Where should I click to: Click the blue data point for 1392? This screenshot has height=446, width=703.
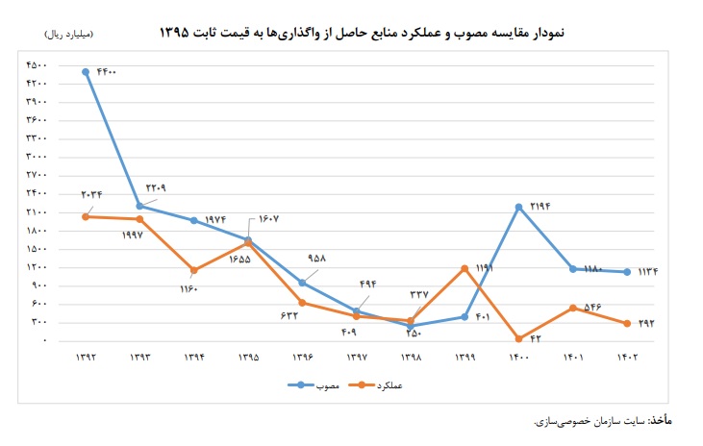pyautogui.click(x=87, y=71)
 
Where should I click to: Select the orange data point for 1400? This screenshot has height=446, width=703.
pyautogui.click(x=518, y=338)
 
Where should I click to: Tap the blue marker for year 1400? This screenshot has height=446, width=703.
pyautogui.click(x=518, y=207)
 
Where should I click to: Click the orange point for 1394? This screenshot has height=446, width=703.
pyautogui.click(x=194, y=270)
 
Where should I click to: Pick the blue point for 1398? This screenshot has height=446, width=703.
pyautogui.click(x=411, y=326)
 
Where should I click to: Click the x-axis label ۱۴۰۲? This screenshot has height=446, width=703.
pyautogui.click(x=626, y=358)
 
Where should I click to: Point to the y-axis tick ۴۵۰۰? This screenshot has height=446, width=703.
pyautogui.click(x=37, y=65)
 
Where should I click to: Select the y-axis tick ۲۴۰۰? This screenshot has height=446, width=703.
pyautogui.click(x=37, y=193)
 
